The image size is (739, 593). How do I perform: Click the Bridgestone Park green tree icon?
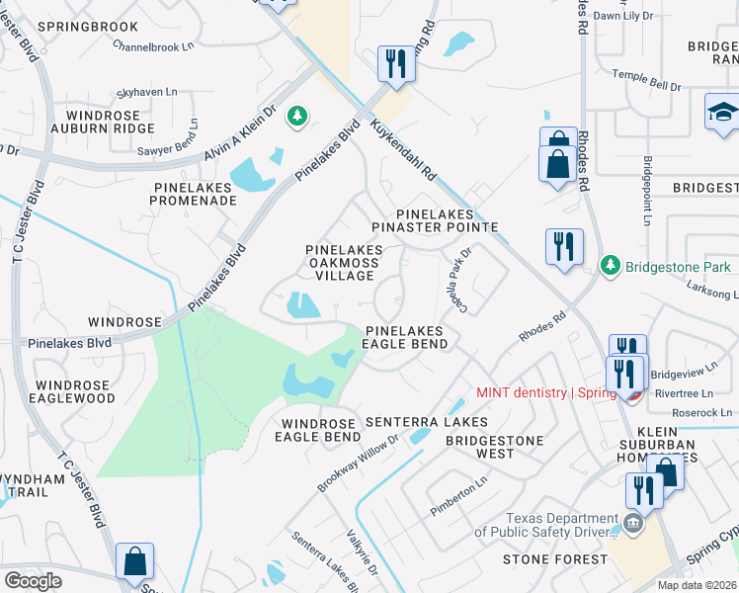tap(612, 266)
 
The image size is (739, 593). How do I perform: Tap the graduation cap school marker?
tap(722, 113)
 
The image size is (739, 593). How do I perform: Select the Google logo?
tap(34, 580)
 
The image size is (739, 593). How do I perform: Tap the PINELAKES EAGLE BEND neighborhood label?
tap(406, 337)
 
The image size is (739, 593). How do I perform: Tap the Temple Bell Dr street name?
tap(647, 80)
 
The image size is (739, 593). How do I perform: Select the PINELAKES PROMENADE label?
tap(194, 193)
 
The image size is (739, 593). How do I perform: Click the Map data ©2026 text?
tap(697, 585)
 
